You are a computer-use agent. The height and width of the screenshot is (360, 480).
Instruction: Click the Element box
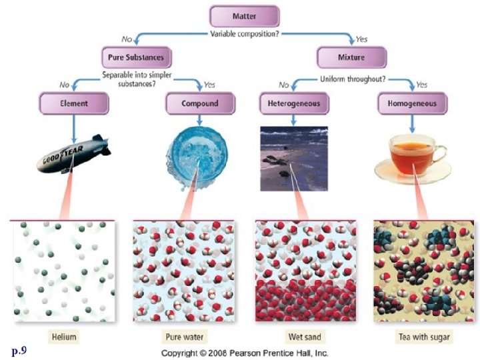(73, 103)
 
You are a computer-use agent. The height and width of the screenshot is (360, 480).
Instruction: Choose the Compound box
(199, 103)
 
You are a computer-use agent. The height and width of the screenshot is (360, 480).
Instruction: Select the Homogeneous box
(412, 103)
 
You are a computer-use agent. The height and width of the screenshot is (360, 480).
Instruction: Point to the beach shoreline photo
(293, 155)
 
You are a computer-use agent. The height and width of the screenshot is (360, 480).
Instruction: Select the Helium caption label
(63, 337)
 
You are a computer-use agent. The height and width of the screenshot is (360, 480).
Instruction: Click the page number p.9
(19, 349)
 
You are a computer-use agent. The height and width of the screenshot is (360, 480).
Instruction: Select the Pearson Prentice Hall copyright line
(245, 353)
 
